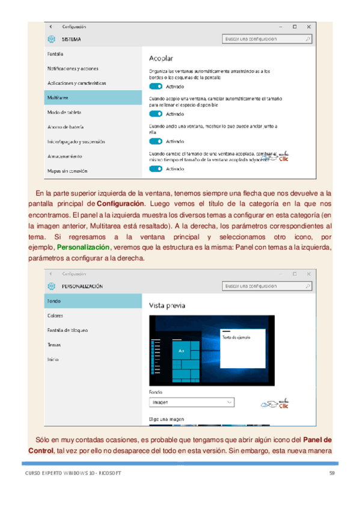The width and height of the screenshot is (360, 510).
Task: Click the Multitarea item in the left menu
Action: pos(58,97)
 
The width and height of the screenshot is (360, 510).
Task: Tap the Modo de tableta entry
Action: pos(64,112)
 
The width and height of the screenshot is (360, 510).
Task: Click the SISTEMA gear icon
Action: pos(50,39)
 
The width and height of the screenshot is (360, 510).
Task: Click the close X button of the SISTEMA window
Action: pos(309,26)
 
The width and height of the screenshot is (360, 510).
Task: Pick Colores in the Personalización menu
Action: pos(55,315)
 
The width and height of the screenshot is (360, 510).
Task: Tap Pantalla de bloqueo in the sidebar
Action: pos(68,330)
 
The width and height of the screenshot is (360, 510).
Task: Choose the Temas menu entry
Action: pos(53,345)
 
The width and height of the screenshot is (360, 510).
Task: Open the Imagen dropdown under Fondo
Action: pos(191,402)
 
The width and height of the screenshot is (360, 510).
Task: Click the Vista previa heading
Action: pos(166,306)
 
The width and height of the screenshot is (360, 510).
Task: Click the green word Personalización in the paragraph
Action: pos(83,247)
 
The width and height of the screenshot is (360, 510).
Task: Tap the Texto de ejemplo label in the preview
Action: pos(236,337)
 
